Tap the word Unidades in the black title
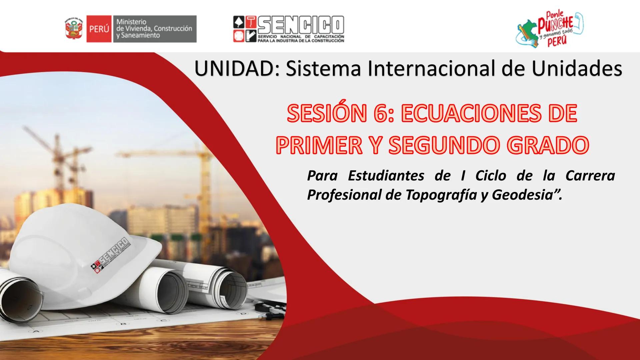point(577,69)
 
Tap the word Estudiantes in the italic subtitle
point(386,176)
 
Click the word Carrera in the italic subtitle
point(590,176)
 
